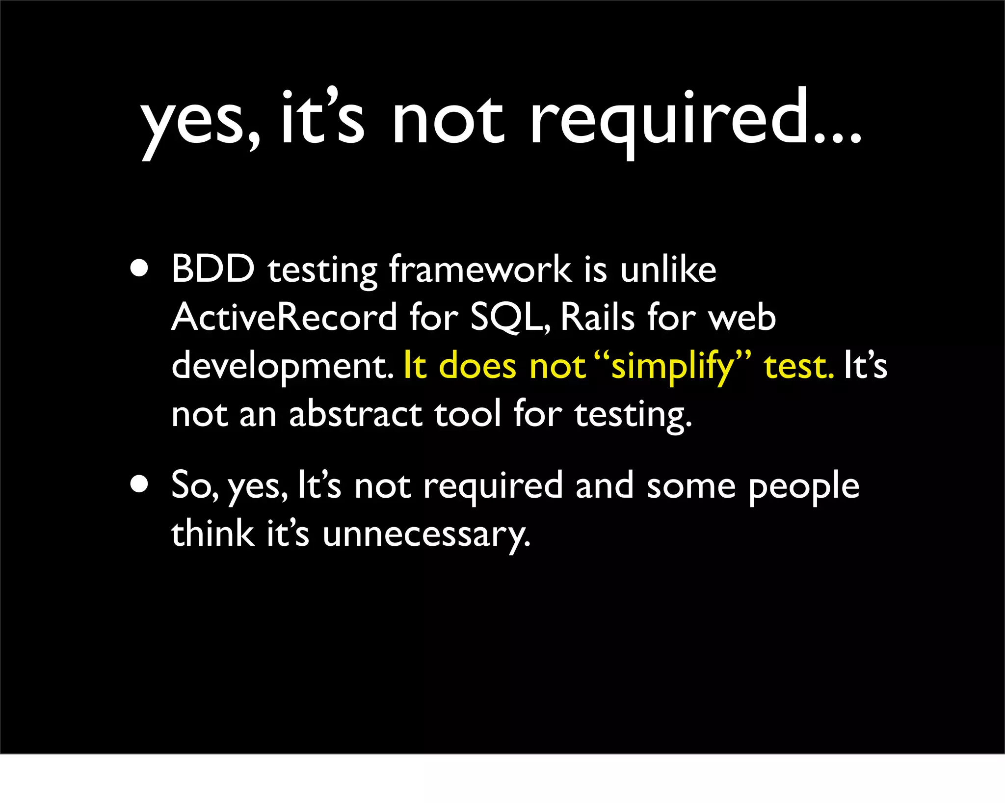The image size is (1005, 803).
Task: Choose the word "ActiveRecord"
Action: click(x=284, y=317)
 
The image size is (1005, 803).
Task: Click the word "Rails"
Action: click(x=598, y=317)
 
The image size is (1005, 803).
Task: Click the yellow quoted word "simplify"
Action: click(x=672, y=366)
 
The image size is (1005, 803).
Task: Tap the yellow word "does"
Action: click(x=477, y=366)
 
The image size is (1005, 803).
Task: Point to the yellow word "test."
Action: click(x=799, y=366)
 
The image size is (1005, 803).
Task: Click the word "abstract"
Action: click(x=356, y=414)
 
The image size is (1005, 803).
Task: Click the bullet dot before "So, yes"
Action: click(x=140, y=484)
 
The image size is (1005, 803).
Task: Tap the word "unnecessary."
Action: click(x=426, y=534)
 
